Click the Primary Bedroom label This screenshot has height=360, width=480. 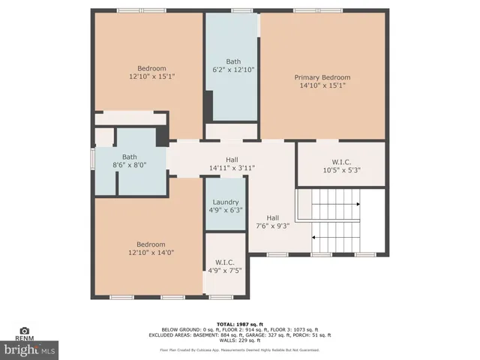click(x=322, y=77)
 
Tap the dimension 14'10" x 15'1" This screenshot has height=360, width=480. click(x=322, y=85)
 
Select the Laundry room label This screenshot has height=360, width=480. click(x=226, y=202)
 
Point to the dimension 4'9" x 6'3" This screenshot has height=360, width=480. click(x=226, y=211)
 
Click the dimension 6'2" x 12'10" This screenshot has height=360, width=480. click(x=233, y=70)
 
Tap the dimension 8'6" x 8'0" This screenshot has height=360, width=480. click(x=129, y=165)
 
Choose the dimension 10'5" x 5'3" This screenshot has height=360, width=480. click(x=341, y=169)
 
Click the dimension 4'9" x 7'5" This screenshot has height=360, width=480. click(x=225, y=271)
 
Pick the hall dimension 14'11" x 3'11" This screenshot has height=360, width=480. click(x=232, y=168)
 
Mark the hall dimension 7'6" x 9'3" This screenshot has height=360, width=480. click(x=273, y=226)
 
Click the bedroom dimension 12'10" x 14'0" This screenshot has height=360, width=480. click(x=151, y=252)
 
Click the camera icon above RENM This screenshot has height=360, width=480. click(x=25, y=331)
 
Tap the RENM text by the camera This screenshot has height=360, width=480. click(x=25, y=339)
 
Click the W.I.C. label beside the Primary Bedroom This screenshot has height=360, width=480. click(x=341, y=161)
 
